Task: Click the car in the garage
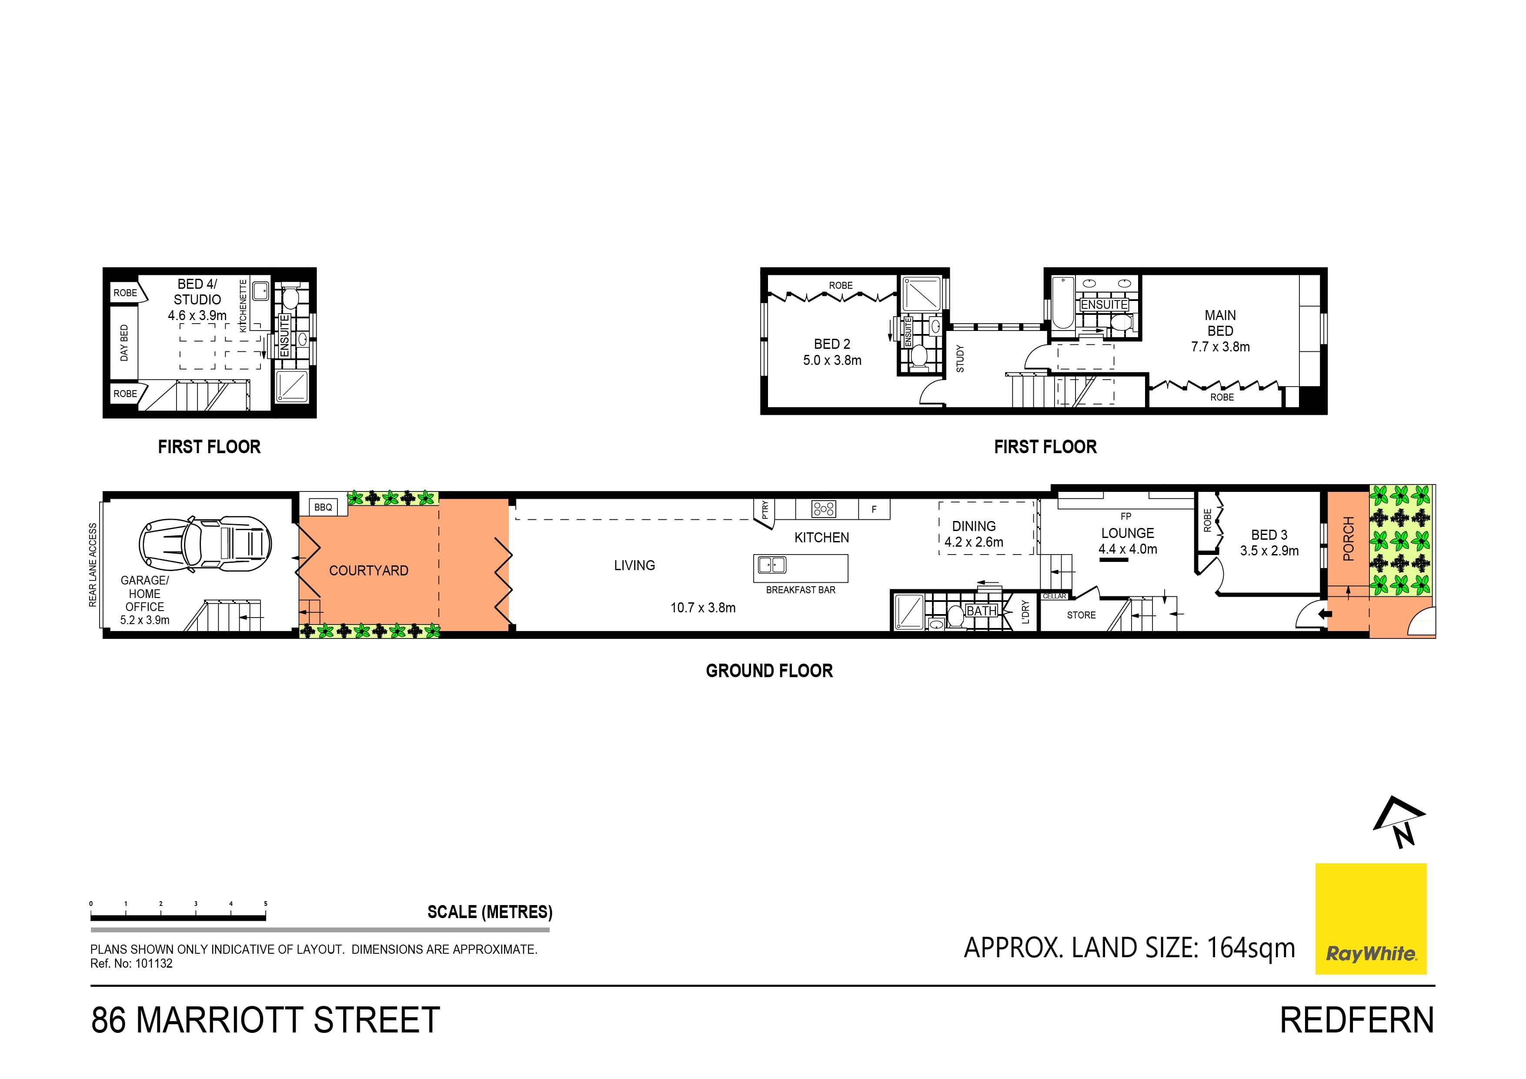[x=205, y=544]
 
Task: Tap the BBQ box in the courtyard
[x=323, y=507]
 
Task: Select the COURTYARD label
[x=369, y=571]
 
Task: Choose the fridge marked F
[x=874, y=509]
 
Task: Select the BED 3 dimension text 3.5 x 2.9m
[x=1269, y=551]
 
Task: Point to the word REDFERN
[x=1357, y=1020]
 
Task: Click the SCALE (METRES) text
[x=490, y=912]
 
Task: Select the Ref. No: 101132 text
[x=132, y=963]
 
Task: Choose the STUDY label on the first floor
[x=960, y=358]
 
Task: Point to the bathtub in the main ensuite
[x=1063, y=303]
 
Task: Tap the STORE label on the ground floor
[x=1082, y=615]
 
